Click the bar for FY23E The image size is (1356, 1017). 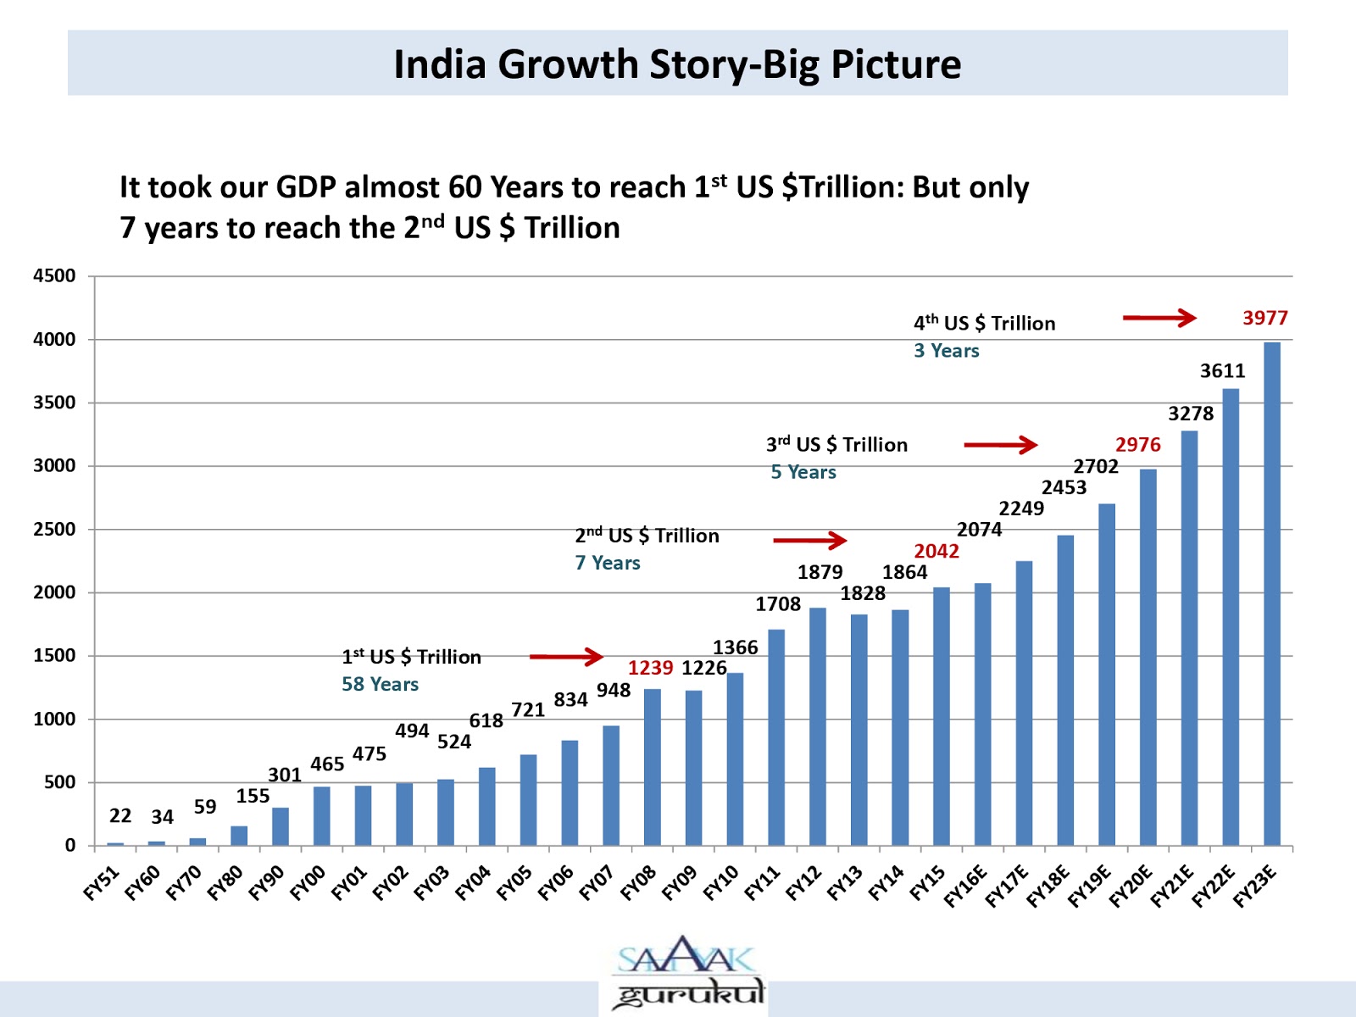[x=1271, y=593]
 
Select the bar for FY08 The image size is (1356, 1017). [x=652, y=767]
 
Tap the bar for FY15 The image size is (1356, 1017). [x=941, y=716]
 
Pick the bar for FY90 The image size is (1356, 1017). [x=281, y=826]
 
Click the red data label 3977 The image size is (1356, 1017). [x=1264, y=318]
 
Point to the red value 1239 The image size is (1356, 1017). [x=650, y=668]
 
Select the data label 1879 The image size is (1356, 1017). [x=820, y=572]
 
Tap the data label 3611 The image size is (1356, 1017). [x=1222, y=370]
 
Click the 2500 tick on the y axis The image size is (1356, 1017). [x=54, y=529]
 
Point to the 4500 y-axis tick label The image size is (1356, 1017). [x=54, y=275]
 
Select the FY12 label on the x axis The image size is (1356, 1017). [x=803, y=883]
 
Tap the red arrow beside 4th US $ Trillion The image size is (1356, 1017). [x=1159, y=318]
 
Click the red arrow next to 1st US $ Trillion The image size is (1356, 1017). [x=565, y=656]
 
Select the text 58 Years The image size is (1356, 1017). [x=380, y=684]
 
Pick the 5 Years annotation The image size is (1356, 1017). [x=803, y=472]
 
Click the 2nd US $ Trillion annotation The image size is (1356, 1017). [x=647, y=536]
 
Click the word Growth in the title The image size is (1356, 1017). [x=567, y=64]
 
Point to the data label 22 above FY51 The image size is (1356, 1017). [x=120, y=815]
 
